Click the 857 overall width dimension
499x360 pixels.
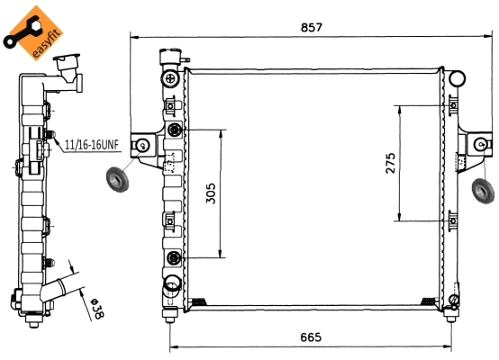click(312, 28)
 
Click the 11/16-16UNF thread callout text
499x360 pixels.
click(91, 143)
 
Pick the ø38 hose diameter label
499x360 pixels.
click(95, 310)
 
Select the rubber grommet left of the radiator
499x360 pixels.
click(116, 180)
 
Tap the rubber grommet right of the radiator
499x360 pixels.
click(482, 190)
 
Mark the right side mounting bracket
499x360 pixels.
click(477, 144)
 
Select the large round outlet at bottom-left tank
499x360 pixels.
click(169, 288)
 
